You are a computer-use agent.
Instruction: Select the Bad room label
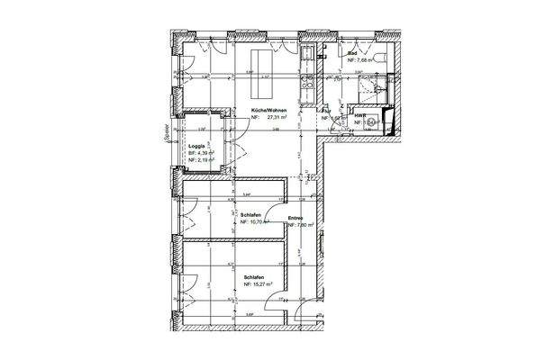352,53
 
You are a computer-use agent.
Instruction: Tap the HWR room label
359,115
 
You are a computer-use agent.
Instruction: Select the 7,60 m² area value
301,225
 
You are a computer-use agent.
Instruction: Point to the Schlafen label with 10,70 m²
251,213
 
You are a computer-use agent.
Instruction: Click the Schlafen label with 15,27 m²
255,276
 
